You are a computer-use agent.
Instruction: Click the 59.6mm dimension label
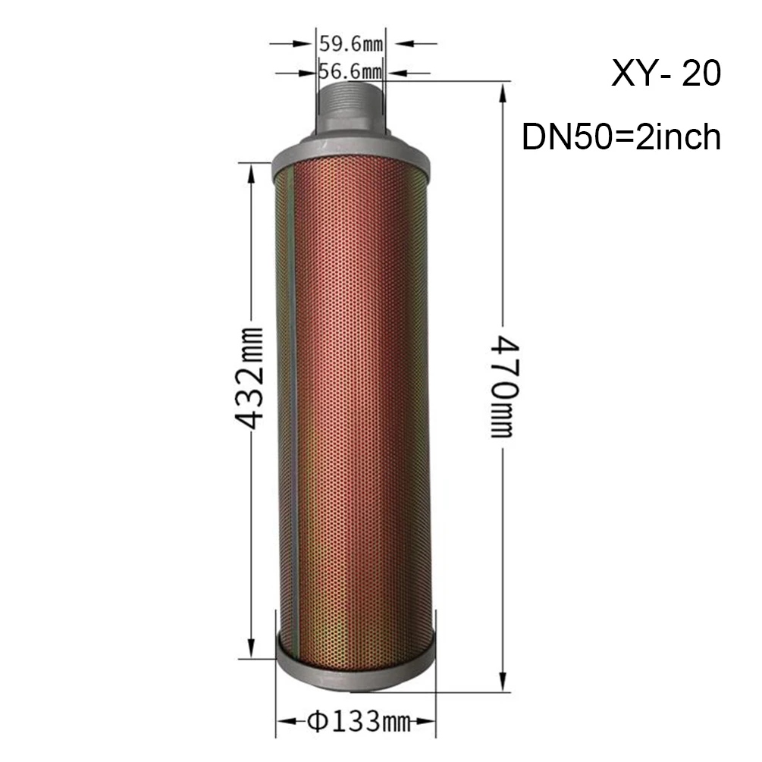point(351,44)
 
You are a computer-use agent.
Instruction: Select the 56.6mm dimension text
point(350,72)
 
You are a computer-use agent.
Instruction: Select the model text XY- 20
point(665,74)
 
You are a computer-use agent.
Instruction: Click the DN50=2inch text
point(621,136)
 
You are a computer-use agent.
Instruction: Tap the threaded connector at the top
point(350,108)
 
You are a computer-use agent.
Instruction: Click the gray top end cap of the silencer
point(350,155)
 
